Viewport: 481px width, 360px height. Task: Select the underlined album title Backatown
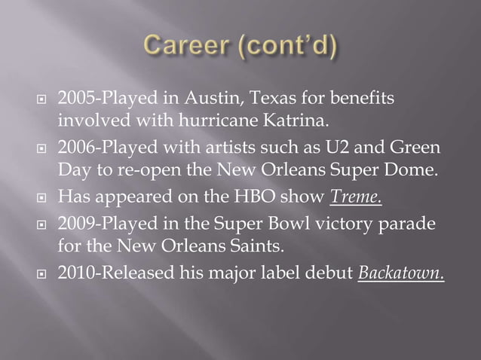click(x=400, y=271)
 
